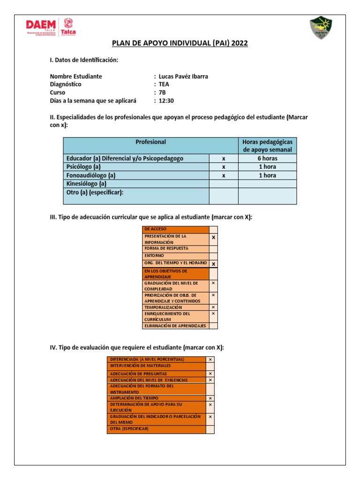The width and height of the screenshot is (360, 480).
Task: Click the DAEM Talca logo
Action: [51, 28]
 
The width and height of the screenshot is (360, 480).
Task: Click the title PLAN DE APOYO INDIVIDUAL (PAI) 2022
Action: [180, 44]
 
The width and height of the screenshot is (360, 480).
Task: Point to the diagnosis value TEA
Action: [164, 84]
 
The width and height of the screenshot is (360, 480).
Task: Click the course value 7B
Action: [163, 92]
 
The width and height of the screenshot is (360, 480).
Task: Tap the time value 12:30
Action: [166, 101]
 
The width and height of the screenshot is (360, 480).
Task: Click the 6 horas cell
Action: [267, 158]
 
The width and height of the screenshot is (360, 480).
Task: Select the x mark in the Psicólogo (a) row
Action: [224, 167]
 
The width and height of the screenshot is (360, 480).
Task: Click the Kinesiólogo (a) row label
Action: [86, 184]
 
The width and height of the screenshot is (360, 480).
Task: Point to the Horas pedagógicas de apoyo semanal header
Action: [267, 146]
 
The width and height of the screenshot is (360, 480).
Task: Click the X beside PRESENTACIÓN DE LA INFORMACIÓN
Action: [213, 238]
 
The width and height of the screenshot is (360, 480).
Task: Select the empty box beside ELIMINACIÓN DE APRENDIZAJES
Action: [213, 325]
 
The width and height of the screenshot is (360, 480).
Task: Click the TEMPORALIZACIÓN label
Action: [164, 307]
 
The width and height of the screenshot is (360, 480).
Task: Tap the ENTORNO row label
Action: [154, 255]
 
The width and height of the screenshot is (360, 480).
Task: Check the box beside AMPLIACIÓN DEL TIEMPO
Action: [210, 398]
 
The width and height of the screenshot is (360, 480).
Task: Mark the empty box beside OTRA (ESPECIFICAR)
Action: [210, 429]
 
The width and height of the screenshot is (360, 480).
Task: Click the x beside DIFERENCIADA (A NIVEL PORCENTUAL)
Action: [210, 359]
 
